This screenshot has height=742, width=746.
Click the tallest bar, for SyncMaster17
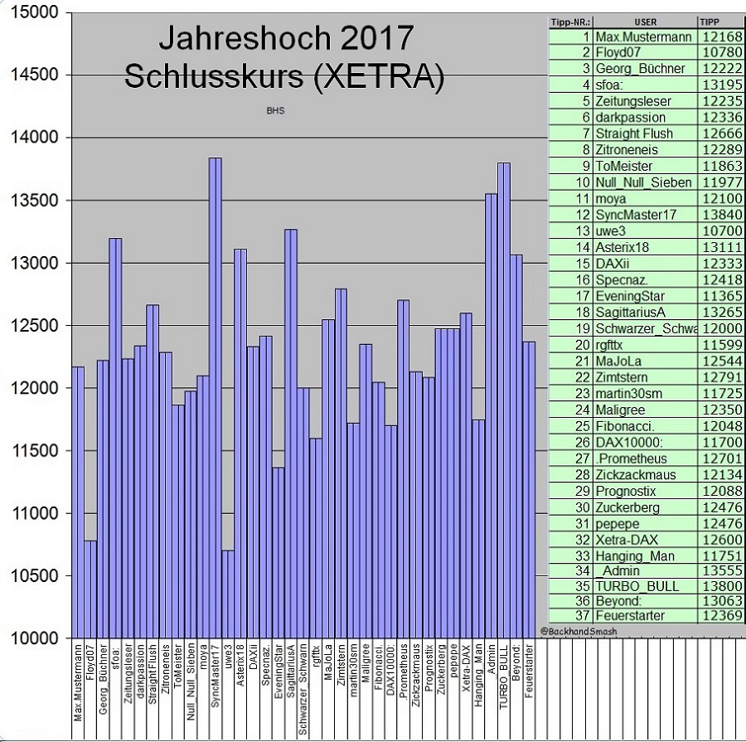tap(215, 398)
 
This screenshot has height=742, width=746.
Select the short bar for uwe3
tap(227, 594)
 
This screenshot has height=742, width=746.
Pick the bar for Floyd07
tap(90, 589)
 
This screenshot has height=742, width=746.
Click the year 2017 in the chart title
tap(372, 39)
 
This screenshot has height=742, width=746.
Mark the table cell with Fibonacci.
tap(626, 426)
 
